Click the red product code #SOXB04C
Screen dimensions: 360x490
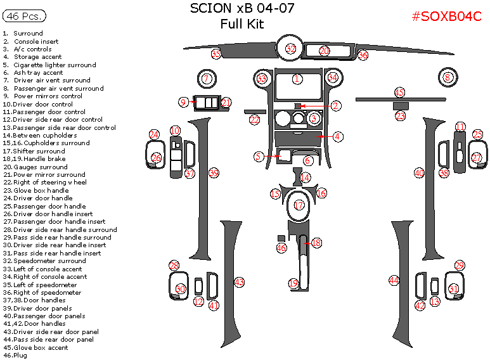[x=446, y=17]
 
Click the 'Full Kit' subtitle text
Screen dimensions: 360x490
[x=242, y=25]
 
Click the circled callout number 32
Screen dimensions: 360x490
[x=290, y=49]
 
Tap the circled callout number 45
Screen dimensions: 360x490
[x=399, y=93]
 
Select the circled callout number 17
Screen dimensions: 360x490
[x=298, y=205]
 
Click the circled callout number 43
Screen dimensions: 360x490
[x=239, y=282]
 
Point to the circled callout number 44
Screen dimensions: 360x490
[x=394, y=280]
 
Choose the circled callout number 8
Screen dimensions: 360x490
[x=448, y=78]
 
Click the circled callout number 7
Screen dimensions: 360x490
[x=206, y=79]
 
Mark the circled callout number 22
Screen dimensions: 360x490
[x=255, y=119]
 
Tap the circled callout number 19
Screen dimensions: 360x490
[x=293, y=283]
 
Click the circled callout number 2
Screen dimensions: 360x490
[x=336, y=106]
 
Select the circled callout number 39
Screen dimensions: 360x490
[x=214, y=173]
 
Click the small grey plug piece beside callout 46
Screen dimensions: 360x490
[x=281, y=238]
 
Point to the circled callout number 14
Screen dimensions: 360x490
[x=306, y=177]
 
